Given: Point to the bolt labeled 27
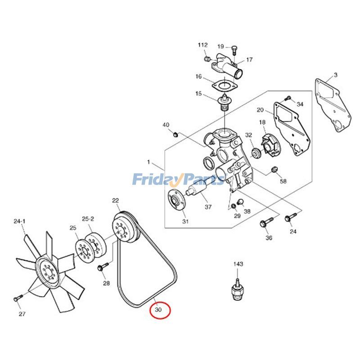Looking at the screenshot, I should point(17,297).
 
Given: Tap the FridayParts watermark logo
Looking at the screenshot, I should point(178,180).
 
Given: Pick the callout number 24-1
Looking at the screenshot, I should point(20,221).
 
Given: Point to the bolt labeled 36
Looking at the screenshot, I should point(265,223).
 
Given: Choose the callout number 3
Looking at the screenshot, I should point(335,75).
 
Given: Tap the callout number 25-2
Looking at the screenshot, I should point(88,219).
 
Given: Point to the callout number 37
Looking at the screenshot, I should point(208,207).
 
